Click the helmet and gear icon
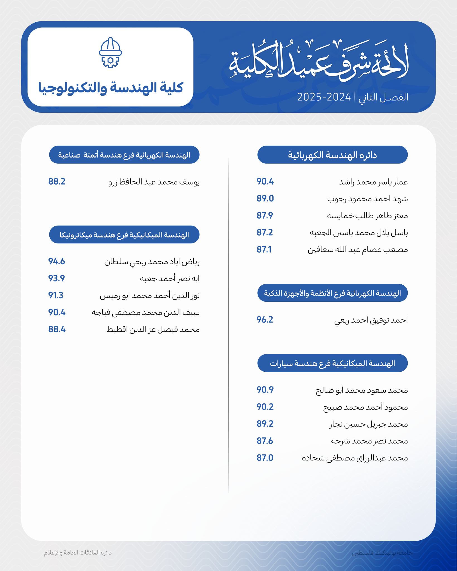point(110,52)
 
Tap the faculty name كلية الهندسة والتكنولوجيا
point(110,87)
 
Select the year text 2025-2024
point(324,97)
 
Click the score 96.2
point(265,320)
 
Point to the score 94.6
point(57,262)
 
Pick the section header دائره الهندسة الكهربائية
point(332,155)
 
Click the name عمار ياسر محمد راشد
point(373,182)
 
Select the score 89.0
point(265,199)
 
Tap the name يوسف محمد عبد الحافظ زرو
point(154,182)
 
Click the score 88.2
point(57,182)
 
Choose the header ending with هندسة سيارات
point(332,363)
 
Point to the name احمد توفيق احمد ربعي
point(371,320)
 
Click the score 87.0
point(265,458)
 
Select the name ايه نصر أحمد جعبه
point(170,279)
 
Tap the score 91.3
point(56,295)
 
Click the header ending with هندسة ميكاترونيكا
point(124,234)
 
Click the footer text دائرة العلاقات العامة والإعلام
point(78,552)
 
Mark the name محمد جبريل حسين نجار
point(368,424)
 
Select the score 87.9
point(265,216)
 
